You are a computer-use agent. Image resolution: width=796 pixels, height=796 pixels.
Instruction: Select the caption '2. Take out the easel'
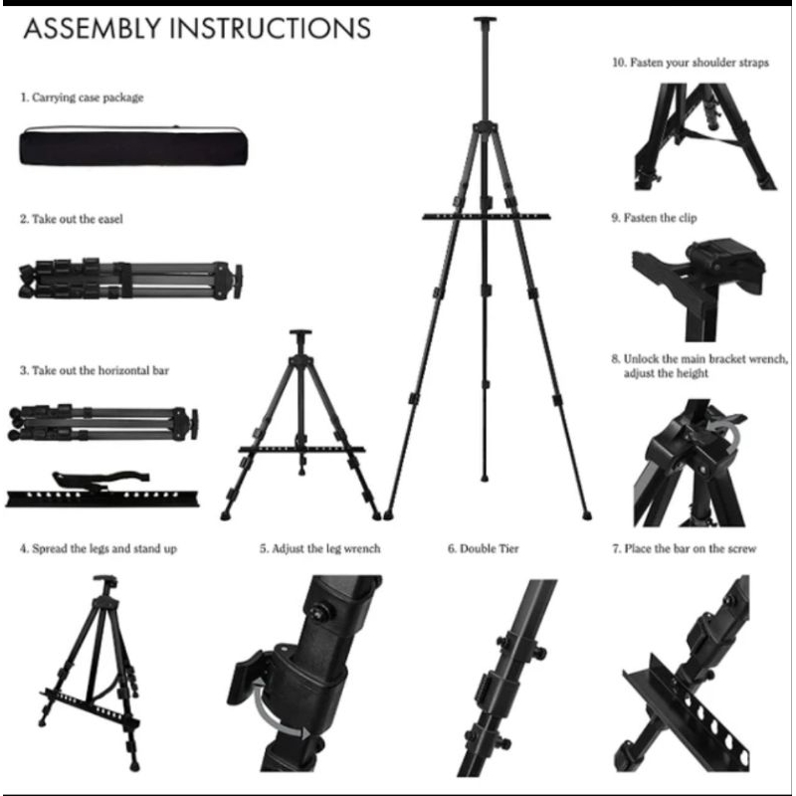[x=72, y=219]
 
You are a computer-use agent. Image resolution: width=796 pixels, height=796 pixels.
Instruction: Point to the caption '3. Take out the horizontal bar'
[x=95, y=369]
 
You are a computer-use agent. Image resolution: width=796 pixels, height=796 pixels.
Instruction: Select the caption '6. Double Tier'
[x=484, y=548]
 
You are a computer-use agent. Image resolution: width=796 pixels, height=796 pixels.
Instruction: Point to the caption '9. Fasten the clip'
[x=657, y=216]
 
